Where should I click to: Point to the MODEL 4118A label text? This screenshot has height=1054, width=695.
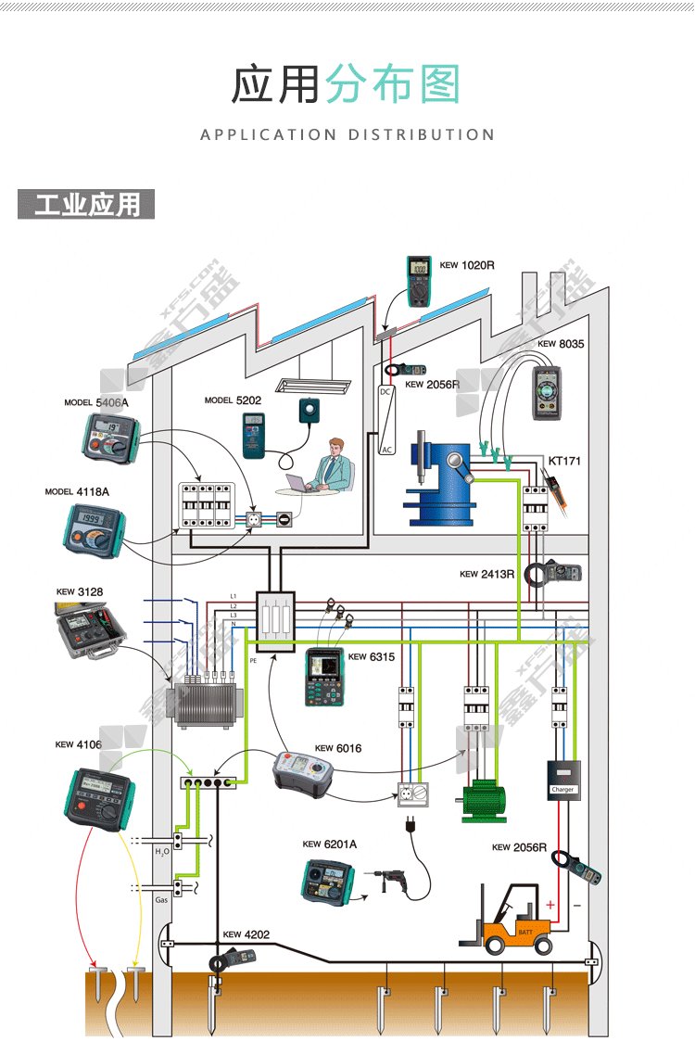[x=77, y=491]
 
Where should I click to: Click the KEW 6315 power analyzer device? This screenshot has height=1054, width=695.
[x=324, y=676]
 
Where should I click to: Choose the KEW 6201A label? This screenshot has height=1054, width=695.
[x=329, y=844]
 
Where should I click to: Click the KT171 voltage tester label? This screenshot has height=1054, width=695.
[x=564, y=460]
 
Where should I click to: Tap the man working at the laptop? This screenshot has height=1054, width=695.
[x=332, y=466]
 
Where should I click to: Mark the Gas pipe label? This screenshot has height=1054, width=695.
[x=161, y=900]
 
